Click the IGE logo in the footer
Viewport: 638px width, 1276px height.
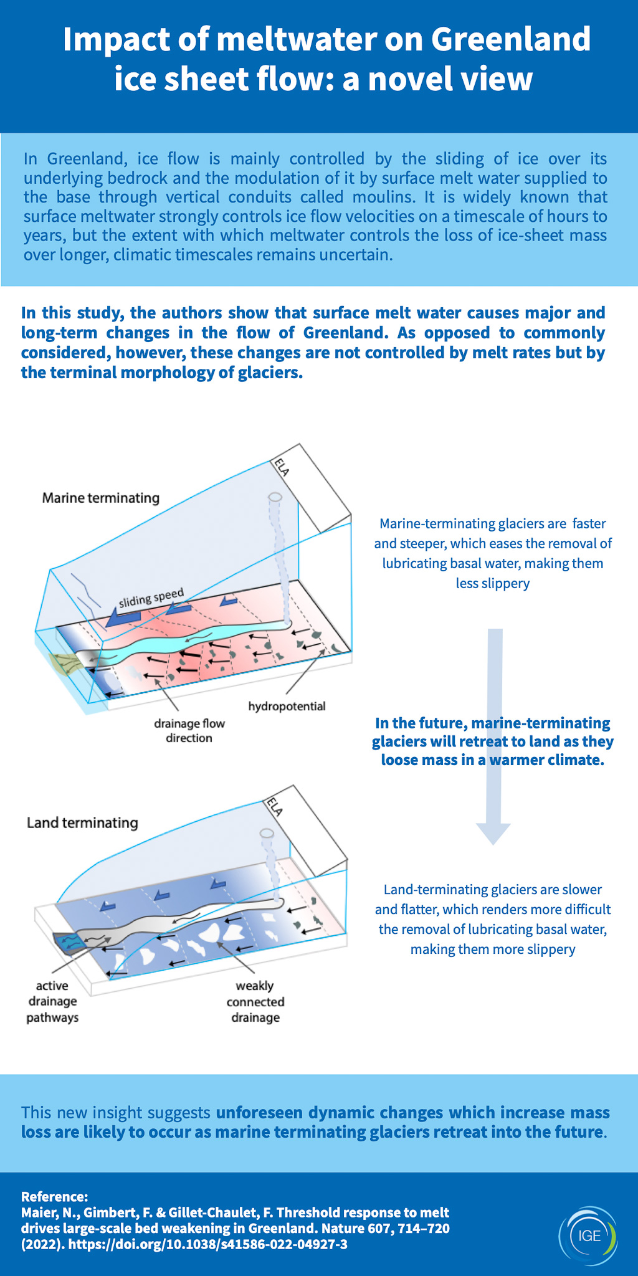(588, 1236)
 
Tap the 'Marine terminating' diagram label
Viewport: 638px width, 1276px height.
(101, 498)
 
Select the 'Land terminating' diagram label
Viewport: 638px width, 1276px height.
(82, 822)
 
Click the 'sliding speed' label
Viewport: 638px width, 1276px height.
(151, 598)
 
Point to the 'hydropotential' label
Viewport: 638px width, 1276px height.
(287, 706)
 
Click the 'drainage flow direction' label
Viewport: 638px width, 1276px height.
(189, 731)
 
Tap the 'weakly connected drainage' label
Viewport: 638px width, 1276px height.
(255, 1002)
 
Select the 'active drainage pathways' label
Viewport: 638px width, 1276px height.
(52, 1002)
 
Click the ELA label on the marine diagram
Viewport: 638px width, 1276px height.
(282, 467)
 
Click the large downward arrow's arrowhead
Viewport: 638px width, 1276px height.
(493, 832)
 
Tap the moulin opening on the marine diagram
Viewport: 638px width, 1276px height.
(275, 498)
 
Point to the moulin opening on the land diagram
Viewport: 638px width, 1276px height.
(267, 833)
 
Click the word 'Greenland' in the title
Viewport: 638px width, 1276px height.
(511, 39)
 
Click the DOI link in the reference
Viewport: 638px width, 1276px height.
(207, 1244)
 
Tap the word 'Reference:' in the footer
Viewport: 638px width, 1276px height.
(55, 1196)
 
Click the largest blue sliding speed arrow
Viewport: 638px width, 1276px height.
(123, 618)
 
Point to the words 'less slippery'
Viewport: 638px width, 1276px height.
(492, 583)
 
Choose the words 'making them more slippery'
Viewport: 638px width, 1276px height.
(492, 949)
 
